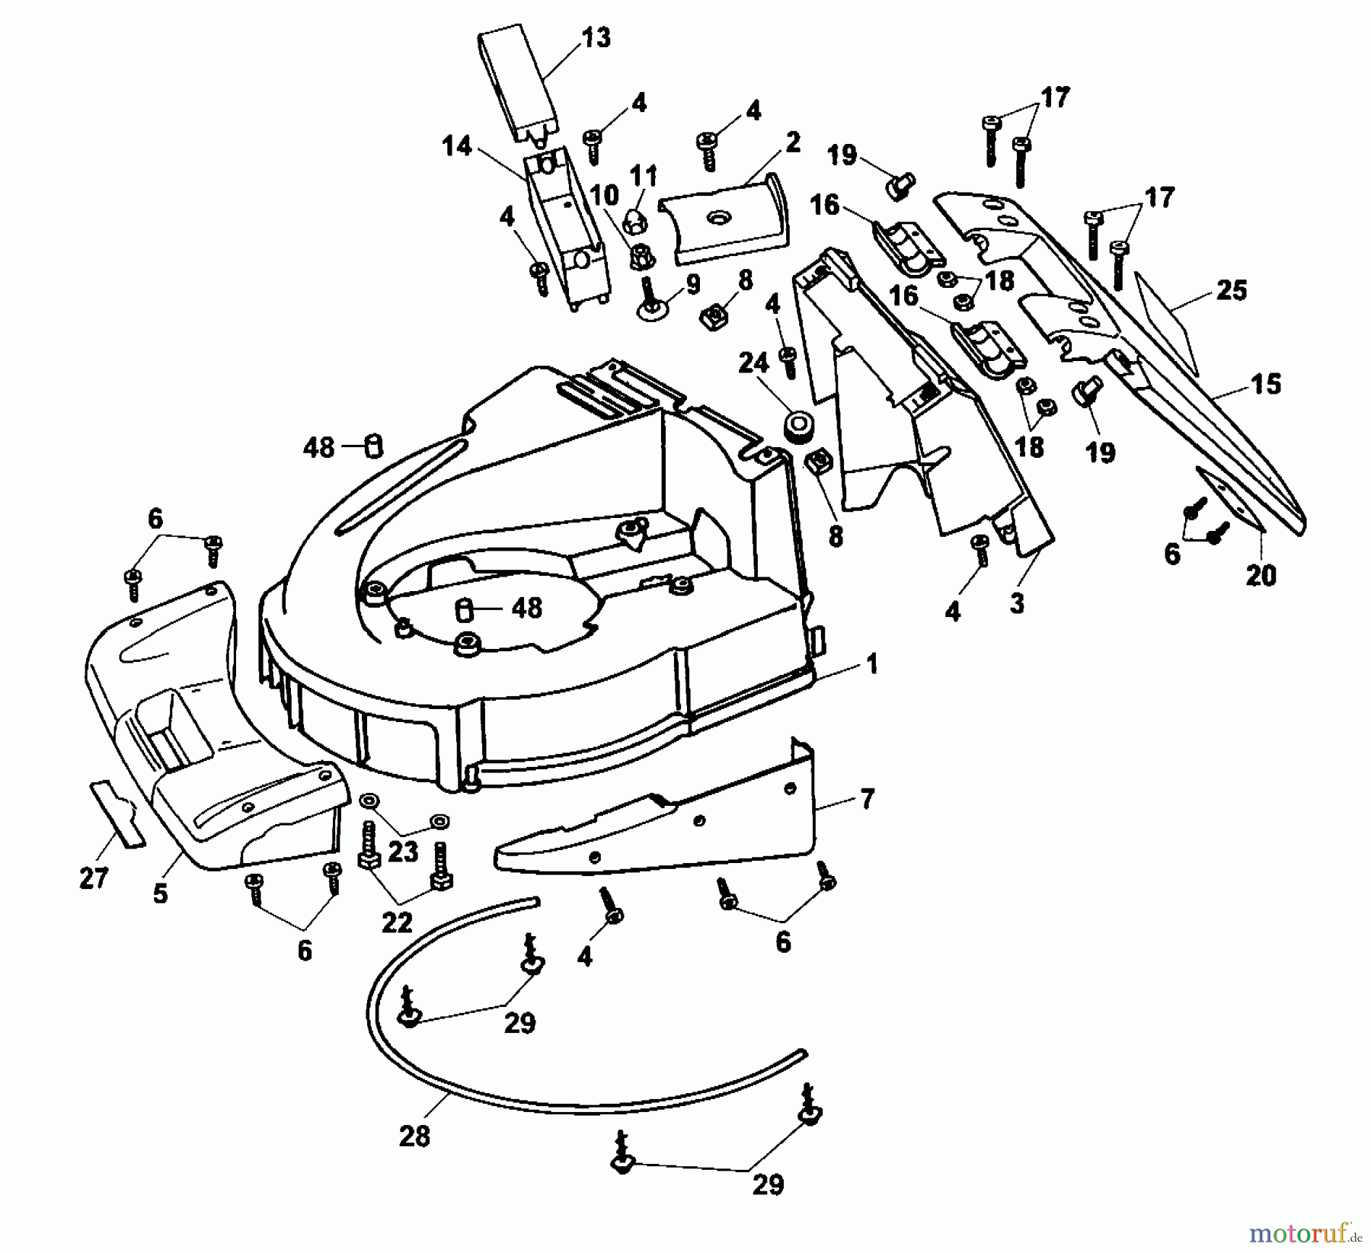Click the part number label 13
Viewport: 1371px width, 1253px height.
pos(596,38)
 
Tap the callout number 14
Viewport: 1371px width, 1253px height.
pos(457,146)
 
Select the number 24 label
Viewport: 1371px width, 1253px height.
pos(753,364)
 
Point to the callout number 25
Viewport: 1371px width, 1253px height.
pos(1231,290)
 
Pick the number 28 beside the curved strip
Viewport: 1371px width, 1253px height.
pos(414,1136)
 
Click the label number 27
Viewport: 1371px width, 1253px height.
pos(94,878)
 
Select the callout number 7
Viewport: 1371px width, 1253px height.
pos(867,799)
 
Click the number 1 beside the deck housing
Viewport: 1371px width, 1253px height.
pos(872,663)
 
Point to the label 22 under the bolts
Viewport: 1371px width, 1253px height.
pos(396,923)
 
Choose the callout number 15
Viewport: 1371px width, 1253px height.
pos(1265,383)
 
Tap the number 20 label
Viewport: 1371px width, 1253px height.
pos(1260,574)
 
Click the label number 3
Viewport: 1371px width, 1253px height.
pos(1017,603)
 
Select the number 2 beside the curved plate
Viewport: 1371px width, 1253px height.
pos(792,142)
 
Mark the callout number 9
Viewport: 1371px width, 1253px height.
pos(692,285)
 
